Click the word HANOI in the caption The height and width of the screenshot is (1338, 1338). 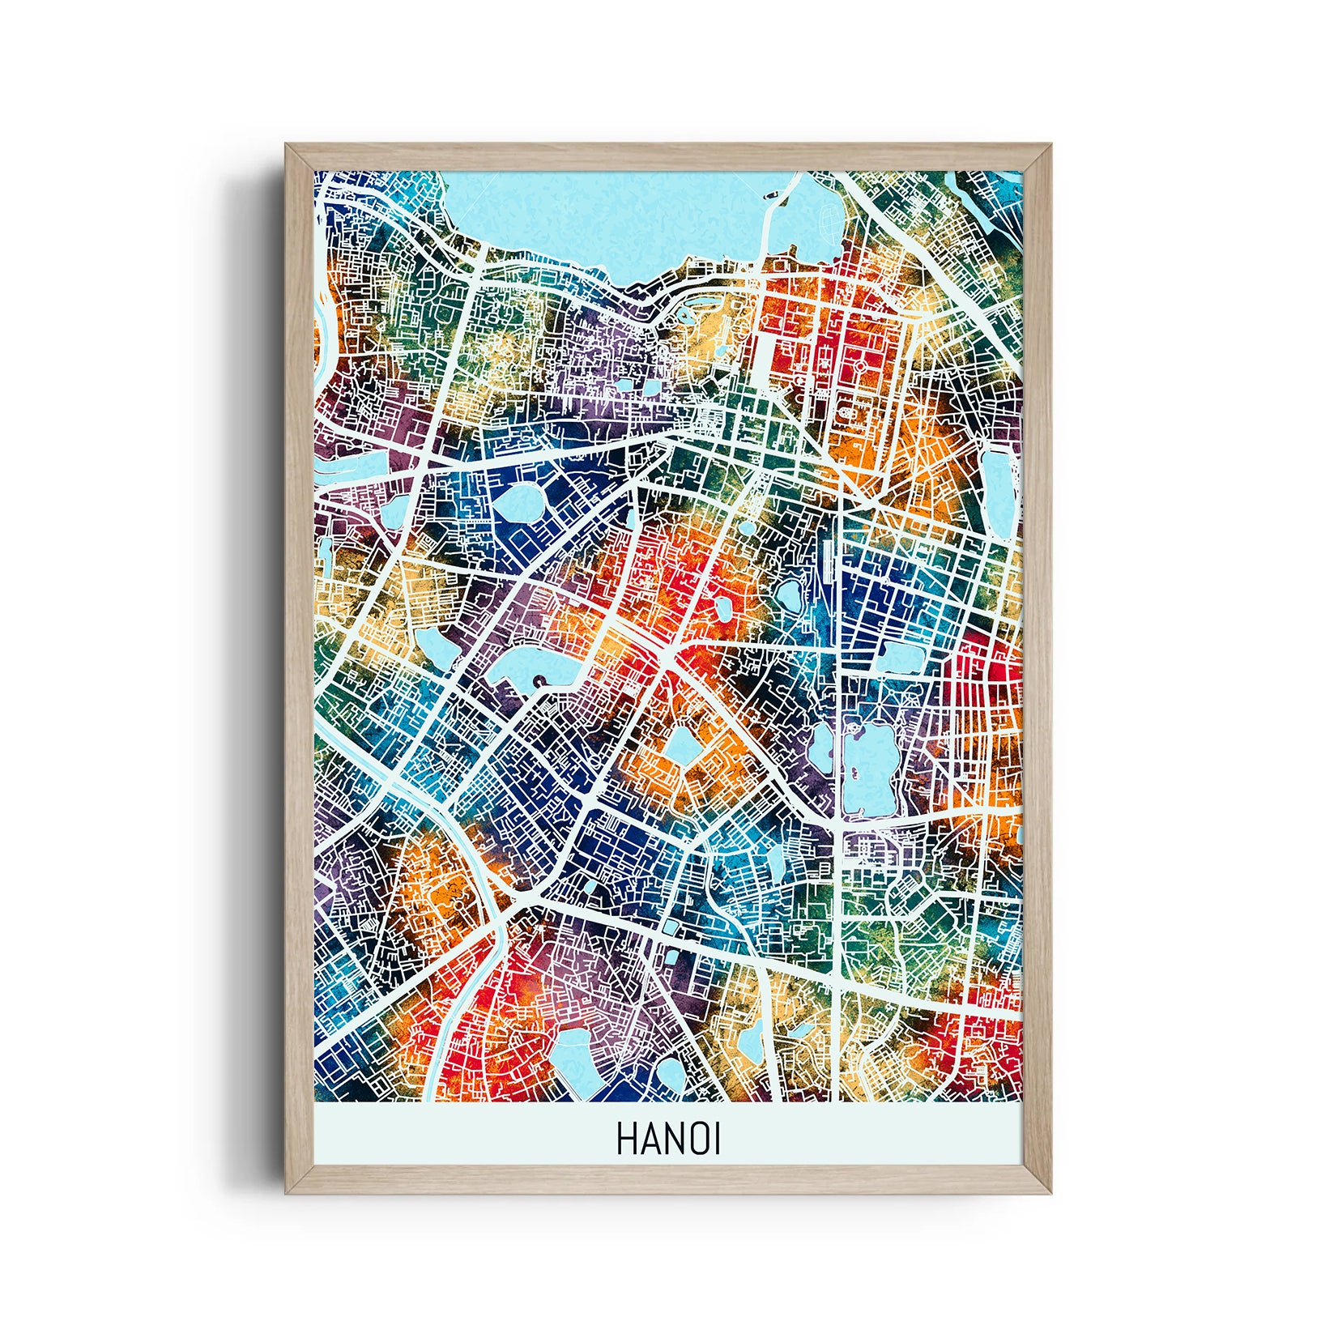668,1139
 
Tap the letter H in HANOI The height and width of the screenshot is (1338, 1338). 625,1139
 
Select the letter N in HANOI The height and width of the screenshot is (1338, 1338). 673,1139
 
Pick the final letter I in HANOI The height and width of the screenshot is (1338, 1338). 716,1139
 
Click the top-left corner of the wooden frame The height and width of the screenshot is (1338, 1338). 287,146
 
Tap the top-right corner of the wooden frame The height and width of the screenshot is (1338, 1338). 1050,146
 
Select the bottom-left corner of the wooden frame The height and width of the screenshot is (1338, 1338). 287,1193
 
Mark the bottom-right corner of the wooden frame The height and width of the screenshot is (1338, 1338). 1050,1193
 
